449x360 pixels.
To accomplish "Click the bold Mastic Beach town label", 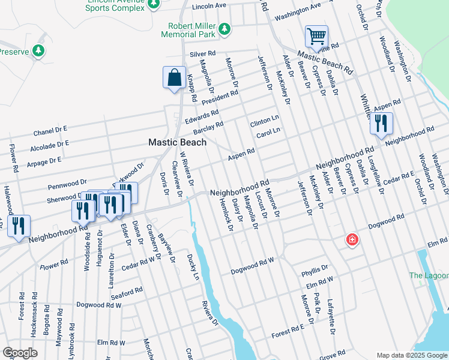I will (178, 143).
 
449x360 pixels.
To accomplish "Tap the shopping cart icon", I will (316, 36).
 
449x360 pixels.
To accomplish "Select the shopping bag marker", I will (174, 78).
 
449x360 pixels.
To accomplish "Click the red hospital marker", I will (352, 241).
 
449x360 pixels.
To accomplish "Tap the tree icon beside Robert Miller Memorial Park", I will (224, 29).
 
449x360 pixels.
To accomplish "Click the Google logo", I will (20, 353).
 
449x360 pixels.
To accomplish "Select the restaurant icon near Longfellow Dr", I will (381, 124).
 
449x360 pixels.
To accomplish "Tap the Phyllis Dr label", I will (316, 268).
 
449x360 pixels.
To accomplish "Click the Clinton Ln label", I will (265, 121).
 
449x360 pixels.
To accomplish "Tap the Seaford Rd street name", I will (127, 291).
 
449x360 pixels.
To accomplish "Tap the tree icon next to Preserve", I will (38, 51).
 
